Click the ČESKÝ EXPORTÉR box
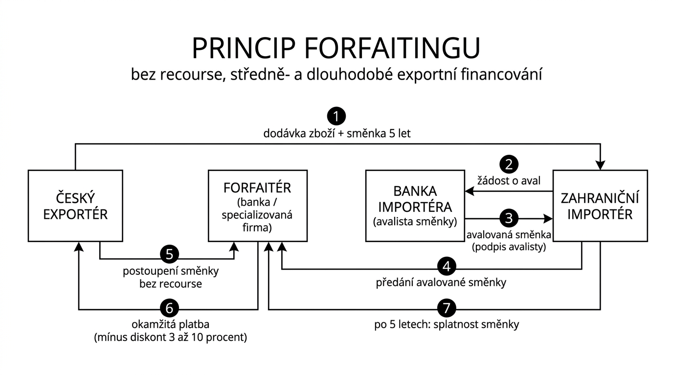click(x=75, y=206)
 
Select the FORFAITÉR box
click(x=257, y=206)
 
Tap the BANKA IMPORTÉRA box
click(x=415, y=206)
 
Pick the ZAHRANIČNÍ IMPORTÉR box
click(x=600, y=206)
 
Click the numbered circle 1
click(x=336, y=116)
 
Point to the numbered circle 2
click(x=509, y=164)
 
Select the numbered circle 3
click(x=509, y=218)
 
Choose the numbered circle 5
click(x=170, y=254)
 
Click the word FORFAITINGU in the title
click(x=392, y=48)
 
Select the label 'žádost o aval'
click(x=509, y=181)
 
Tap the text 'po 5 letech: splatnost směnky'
click(x=447, y=324)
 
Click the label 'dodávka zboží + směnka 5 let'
click(x=337, y=133)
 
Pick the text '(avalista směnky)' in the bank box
click(x=415, y=221)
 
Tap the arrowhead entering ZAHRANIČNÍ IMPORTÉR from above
click(x=600, y=165)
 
